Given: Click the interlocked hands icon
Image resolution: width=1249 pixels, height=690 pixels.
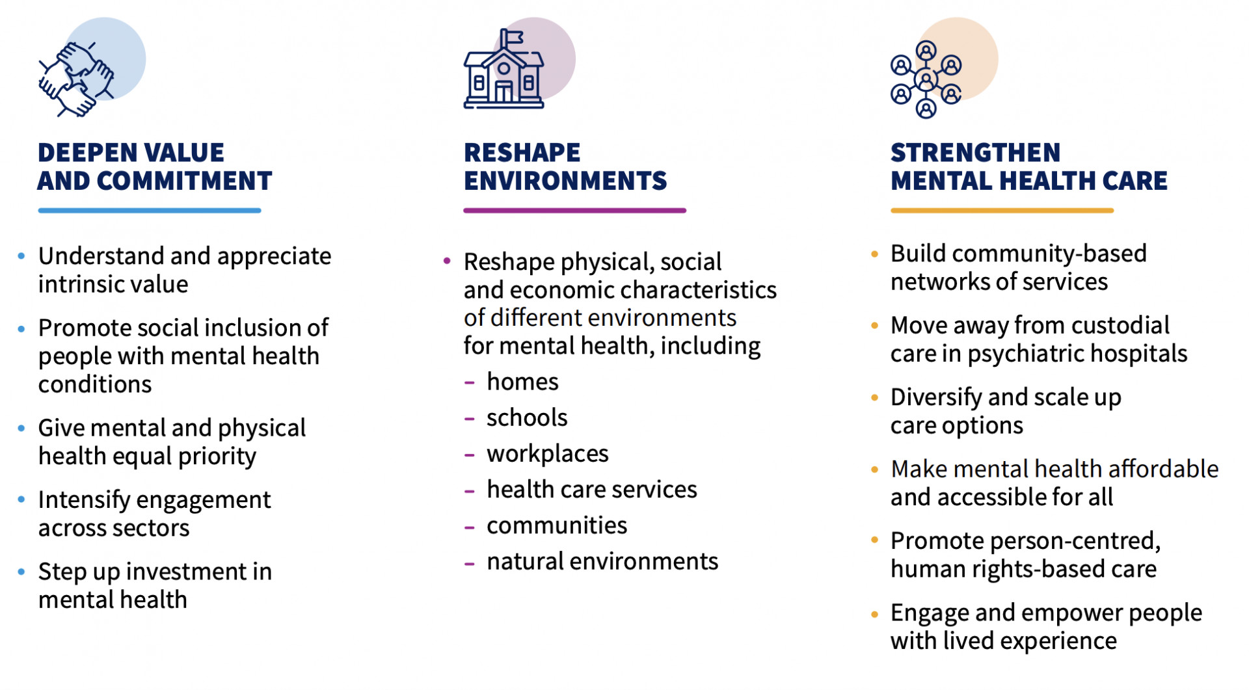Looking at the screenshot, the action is click(76, 79).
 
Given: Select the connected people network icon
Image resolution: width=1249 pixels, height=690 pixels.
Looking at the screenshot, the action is click(926, 79).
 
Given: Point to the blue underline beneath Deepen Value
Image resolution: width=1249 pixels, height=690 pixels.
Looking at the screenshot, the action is click(150, 211).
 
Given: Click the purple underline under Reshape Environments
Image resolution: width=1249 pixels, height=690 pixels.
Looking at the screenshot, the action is click(574, 211).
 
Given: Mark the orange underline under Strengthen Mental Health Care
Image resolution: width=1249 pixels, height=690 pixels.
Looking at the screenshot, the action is click(1002, 211).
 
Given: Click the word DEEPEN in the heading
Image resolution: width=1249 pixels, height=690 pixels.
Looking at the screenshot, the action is click(82, 153).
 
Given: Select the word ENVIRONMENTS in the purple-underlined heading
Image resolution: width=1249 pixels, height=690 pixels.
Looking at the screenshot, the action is click(565, 181).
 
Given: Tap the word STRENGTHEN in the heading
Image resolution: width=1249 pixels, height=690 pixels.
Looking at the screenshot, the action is click(975, 153).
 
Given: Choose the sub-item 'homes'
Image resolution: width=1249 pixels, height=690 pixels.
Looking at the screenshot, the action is click(522, 382).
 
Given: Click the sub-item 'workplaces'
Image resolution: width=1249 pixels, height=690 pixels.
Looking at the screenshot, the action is click(548, 454).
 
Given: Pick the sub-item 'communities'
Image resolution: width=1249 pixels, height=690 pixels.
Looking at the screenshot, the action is click(557, 525).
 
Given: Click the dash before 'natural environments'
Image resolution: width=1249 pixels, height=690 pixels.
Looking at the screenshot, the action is click(470, 563).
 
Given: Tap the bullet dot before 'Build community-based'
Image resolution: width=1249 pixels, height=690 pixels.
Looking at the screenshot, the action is click(874, 254).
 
